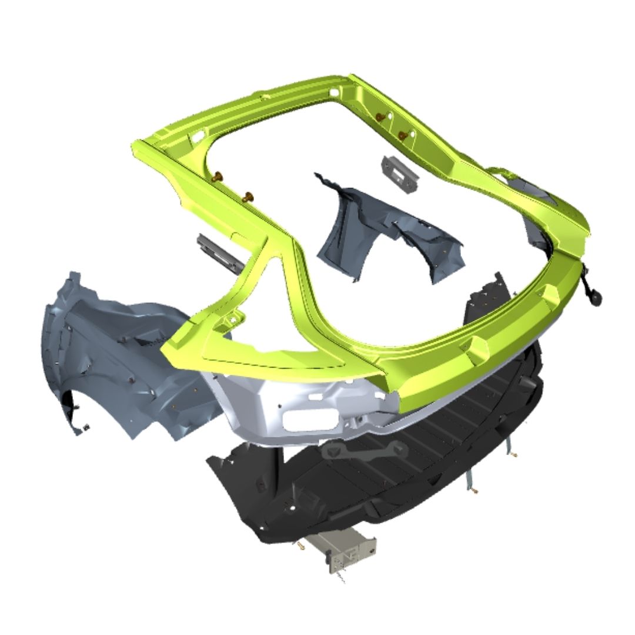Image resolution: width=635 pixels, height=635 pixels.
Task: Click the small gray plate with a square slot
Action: (x=399, y=173)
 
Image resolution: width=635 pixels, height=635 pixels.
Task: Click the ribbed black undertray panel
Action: (x=376, y=482)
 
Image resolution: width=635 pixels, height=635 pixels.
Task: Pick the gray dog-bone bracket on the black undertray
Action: (x=365, y=452)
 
